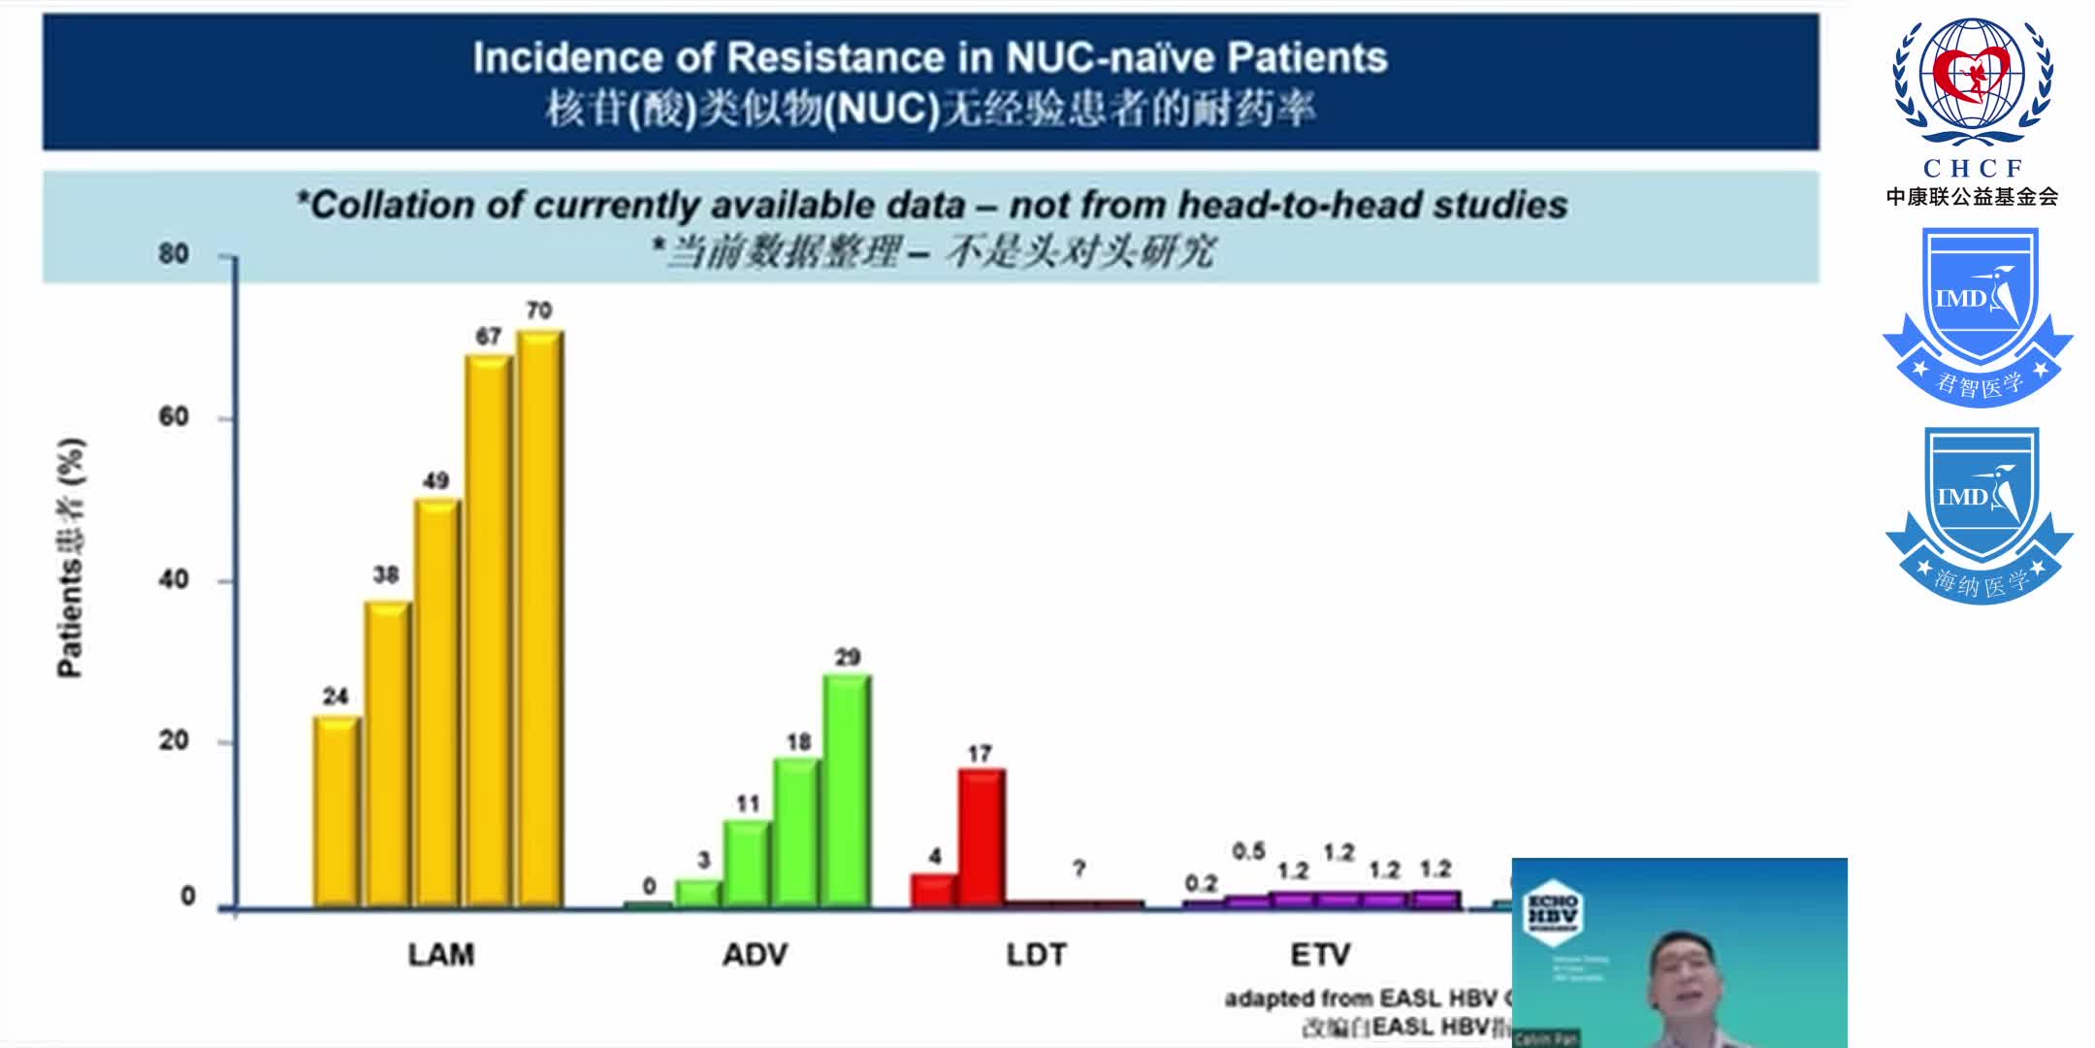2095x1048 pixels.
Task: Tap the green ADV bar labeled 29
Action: pyautogui.click(x=847, y=790)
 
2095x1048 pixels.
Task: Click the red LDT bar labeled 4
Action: pyautogui.click(x=933, y=890)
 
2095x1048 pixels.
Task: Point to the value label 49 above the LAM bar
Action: pyautogui.click(x=435, y=480)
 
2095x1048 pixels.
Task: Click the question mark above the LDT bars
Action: pyautogui.click(x=1079, y=868)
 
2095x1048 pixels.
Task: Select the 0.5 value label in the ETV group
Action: pyautogui.click(x=1248, y=851)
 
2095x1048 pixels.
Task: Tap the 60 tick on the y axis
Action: pyautogui.click(x=174, y=417)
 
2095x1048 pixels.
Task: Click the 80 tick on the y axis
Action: pyautogui.click(x=174, y=254)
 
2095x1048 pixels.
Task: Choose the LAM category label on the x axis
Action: pyautogui.click(x=441, y=955)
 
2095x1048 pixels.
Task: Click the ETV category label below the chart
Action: pyautogui.click(x=1320, y=955)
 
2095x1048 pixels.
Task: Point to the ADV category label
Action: pyautogui.click(x=755, y=955)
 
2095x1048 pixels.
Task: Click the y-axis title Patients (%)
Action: pyautogui.click(x=71, y=558)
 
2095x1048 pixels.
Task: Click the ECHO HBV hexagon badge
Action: pyautogui.click(x=1552, y=912)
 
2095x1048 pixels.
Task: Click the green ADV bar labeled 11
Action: pyautogui.click(x=747, y=864)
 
